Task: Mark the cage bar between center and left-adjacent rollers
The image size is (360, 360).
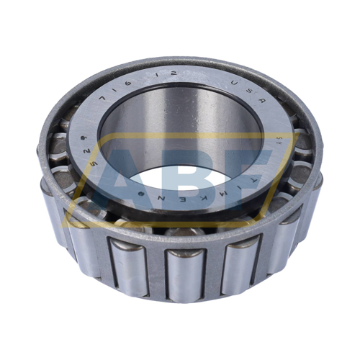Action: pos(155,270)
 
